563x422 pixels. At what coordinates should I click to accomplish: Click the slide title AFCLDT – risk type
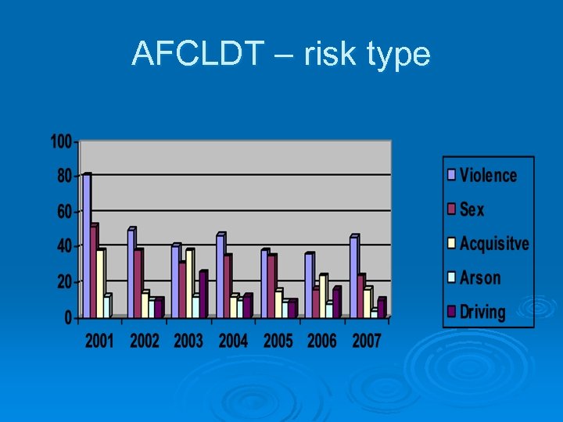281,54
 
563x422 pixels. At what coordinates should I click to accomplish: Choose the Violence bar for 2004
220,275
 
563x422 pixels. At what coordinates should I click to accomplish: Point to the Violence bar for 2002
131,273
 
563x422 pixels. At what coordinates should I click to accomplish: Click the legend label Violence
488,175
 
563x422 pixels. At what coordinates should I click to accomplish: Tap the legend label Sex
472,209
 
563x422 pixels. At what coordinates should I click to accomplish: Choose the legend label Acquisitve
494,244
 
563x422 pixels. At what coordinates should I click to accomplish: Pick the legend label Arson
480,278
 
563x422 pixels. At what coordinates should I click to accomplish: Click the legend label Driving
482,313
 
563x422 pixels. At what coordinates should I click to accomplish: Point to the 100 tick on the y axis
61,141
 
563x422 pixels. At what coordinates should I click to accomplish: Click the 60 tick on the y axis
64,212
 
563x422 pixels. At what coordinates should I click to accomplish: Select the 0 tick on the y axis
68,317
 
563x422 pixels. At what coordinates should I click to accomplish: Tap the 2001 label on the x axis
99,341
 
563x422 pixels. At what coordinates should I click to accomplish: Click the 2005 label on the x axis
278,341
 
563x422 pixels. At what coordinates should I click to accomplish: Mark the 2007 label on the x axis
366,341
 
